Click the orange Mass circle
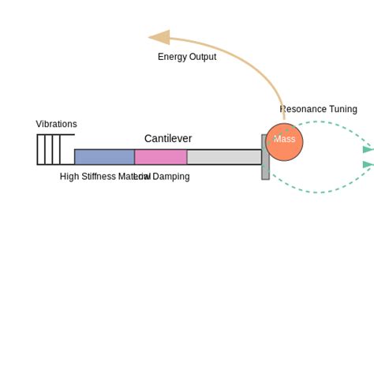[x=284, y=142]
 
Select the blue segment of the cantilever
[x=104, y=157]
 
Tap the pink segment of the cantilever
[x=160, y=157]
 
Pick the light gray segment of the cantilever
[x=224, y=157]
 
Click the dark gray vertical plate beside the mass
[x=265, y=170]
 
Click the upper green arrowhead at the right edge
[x=368, y=149]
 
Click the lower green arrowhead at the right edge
[x=368, y=165]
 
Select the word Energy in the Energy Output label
[x=171, y=57]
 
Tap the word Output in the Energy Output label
[x=202, y=57]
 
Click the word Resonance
[x=303, y=109]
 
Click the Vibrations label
[x=56, y=124]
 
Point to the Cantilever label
[x=167, y=139]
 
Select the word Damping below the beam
[x=171, y=177]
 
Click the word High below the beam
[x=69, y=177]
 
